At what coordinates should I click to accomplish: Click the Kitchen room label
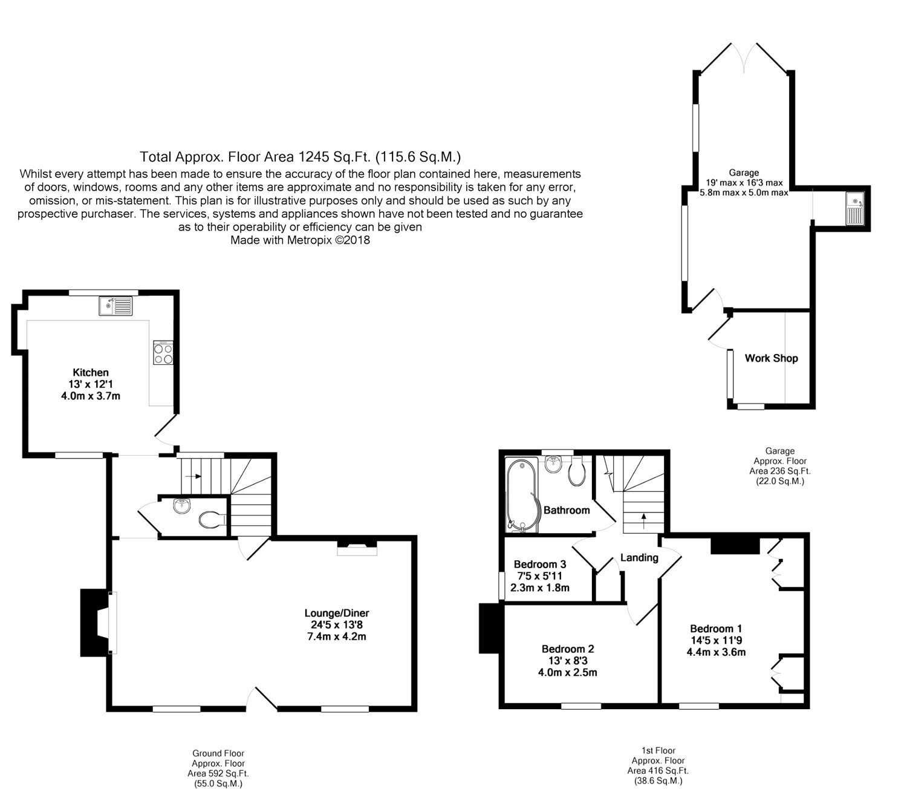coord(91,373)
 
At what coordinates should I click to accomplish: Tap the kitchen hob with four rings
coord(163,353)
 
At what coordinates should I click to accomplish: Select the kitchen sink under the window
coord(115,306)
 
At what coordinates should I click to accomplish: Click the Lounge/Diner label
coord(336,614)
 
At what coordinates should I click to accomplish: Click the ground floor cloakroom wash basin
coord(182,506)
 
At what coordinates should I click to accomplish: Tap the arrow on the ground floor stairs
coord(193,476)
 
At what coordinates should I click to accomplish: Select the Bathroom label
coord(567,510)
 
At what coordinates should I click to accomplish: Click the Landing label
coord(639,557)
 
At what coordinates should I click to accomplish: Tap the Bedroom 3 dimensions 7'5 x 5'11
coord(539,576)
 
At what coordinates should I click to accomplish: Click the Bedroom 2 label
coord(568,649)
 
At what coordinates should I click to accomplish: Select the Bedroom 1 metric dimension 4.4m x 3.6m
coord(716,652)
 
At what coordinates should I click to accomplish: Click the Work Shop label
coord(772,358)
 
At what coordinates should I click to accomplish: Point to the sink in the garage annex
coord(854,209)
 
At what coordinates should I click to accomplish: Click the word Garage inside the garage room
coord(744,173)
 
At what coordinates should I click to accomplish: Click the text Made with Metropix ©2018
coord(300,240)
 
